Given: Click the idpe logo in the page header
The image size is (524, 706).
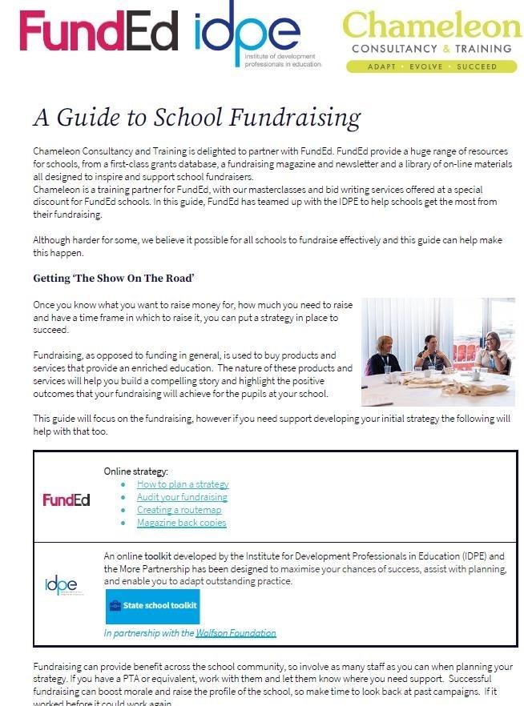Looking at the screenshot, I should tap(247, 34).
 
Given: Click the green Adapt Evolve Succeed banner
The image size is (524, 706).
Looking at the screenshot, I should tap(432, 66).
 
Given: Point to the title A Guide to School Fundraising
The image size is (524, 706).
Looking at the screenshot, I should tap(196, 118).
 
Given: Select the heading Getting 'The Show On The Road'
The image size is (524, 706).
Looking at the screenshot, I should tap(114, 279).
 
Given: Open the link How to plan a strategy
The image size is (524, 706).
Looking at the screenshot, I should tap(183, 484).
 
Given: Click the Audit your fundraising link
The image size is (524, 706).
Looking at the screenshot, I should tap(183, 497).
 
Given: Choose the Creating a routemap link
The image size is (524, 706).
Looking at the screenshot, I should tap(179, 510).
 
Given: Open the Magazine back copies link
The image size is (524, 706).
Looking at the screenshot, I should tap(181, 523).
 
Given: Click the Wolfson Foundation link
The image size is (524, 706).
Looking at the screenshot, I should tap(236, 632).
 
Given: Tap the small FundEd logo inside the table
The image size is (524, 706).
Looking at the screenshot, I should tap(67, 500).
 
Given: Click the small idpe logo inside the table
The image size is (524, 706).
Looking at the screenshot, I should tap(62, 584).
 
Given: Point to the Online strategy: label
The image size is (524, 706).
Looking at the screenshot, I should tap(136, 471).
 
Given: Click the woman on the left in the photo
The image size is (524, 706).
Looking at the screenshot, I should tap(383, 356).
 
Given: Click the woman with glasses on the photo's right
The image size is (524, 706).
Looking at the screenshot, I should tap(490, 352).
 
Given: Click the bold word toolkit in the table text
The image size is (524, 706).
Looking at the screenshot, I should tap(158, 555).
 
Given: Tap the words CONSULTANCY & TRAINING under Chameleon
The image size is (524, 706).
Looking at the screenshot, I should tap(431, 48).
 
